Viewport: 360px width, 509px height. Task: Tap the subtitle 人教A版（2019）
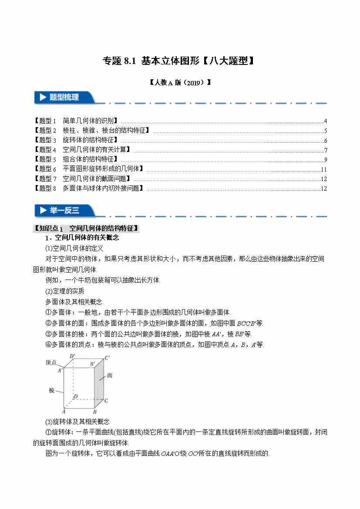[x=180, y=82]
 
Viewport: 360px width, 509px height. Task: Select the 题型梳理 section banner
[x=64, y=98]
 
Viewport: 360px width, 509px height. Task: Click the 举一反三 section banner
[x=64, y=210]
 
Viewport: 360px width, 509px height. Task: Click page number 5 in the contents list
[x=325, y=131]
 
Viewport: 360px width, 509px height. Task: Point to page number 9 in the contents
[x=325, y=159]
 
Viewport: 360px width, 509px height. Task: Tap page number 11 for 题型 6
[x=323, y=169]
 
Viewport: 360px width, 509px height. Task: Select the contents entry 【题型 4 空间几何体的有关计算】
[x=82, y=150]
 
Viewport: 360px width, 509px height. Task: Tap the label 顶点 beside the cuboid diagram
[x=51, y=362]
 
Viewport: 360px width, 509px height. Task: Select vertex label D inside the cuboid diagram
[x=75, y=396]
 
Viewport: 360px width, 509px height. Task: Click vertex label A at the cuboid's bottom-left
[x=64, y=411]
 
